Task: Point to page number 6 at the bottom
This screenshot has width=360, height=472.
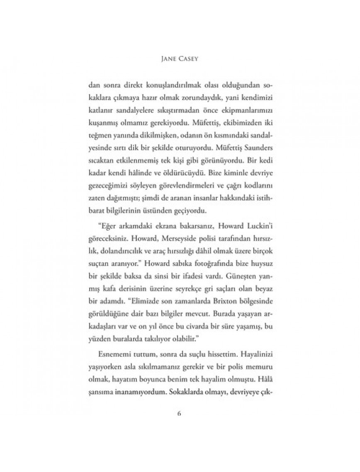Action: click(x=180, y=413)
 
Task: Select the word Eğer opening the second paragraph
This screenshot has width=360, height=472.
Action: click(x=106, y=229)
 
